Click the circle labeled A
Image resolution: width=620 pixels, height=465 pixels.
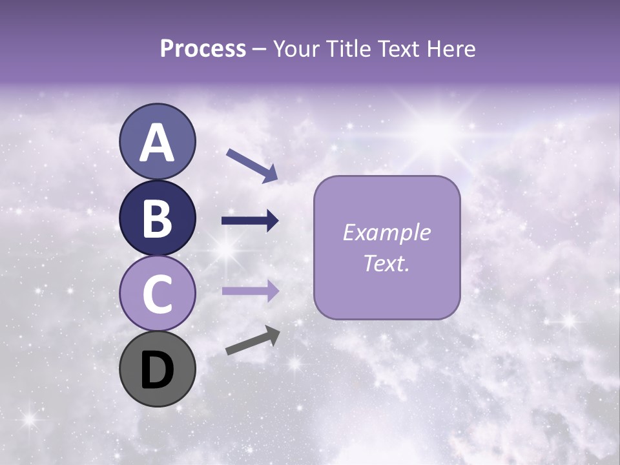point(157,141)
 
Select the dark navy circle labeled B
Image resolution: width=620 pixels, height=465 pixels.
point(157,218)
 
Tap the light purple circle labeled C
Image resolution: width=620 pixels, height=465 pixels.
point(157,294)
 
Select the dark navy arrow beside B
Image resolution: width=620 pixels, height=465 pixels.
point(250,221)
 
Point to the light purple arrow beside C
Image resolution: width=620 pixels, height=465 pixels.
point(250,291)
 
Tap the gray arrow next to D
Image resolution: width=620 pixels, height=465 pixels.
point(253,340)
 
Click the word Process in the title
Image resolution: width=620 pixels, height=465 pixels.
point(203,49)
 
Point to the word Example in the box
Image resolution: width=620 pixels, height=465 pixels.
point(386,232)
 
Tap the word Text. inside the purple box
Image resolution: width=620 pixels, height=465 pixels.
point(386,263)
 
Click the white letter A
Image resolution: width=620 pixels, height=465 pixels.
point(157,143)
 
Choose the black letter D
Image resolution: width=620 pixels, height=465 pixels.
point(157,370)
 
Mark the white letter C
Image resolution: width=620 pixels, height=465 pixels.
point(157,294)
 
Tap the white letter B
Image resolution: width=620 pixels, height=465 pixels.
point(157,219)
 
